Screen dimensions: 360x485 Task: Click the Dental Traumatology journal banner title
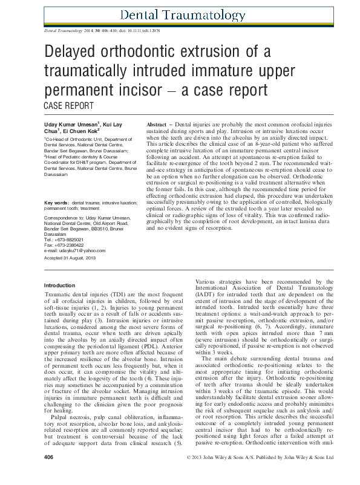[183, 15]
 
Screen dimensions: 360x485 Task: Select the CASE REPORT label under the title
[70, 105]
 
